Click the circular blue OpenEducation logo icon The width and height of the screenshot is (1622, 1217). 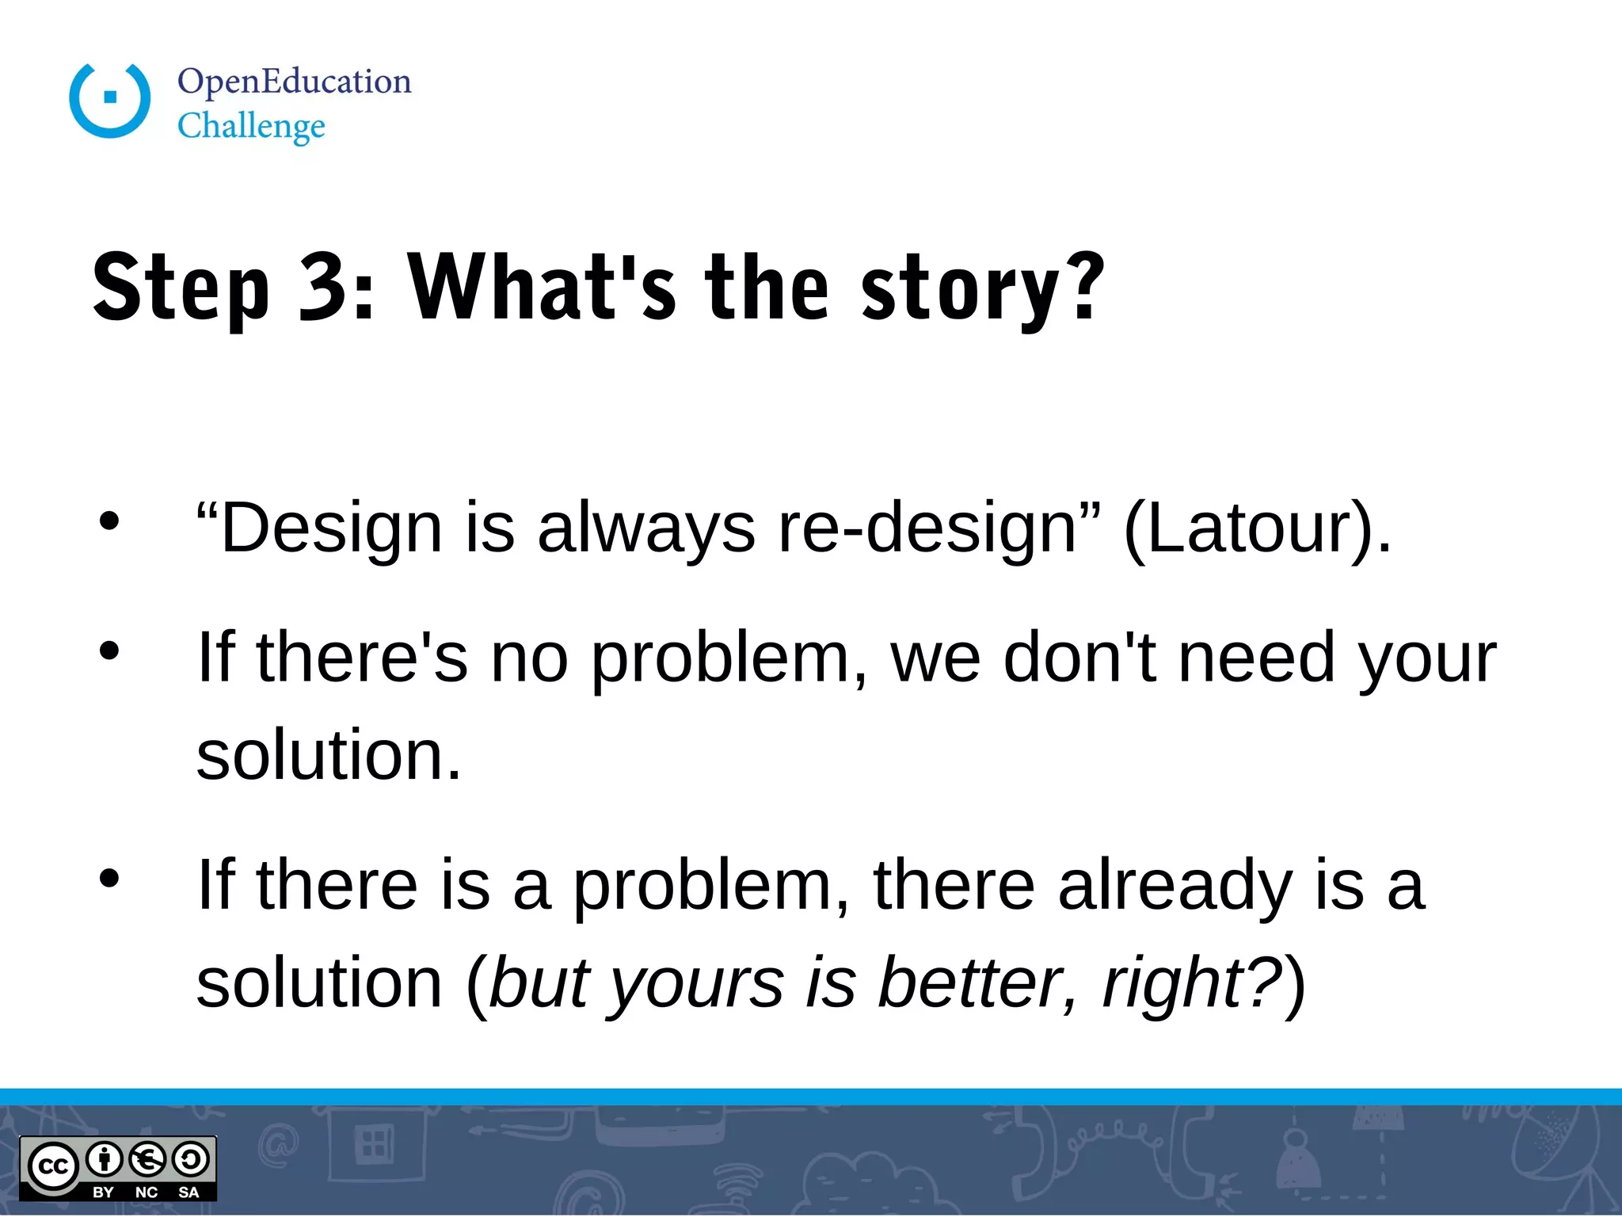(110, 99)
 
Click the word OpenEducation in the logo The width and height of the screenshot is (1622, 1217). (294, 82)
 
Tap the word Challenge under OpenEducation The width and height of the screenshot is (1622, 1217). (251, 126)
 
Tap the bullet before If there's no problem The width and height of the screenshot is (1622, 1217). (109, 651)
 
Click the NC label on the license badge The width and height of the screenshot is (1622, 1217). (146, 1192)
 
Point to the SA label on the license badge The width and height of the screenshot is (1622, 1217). (188, 1192)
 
